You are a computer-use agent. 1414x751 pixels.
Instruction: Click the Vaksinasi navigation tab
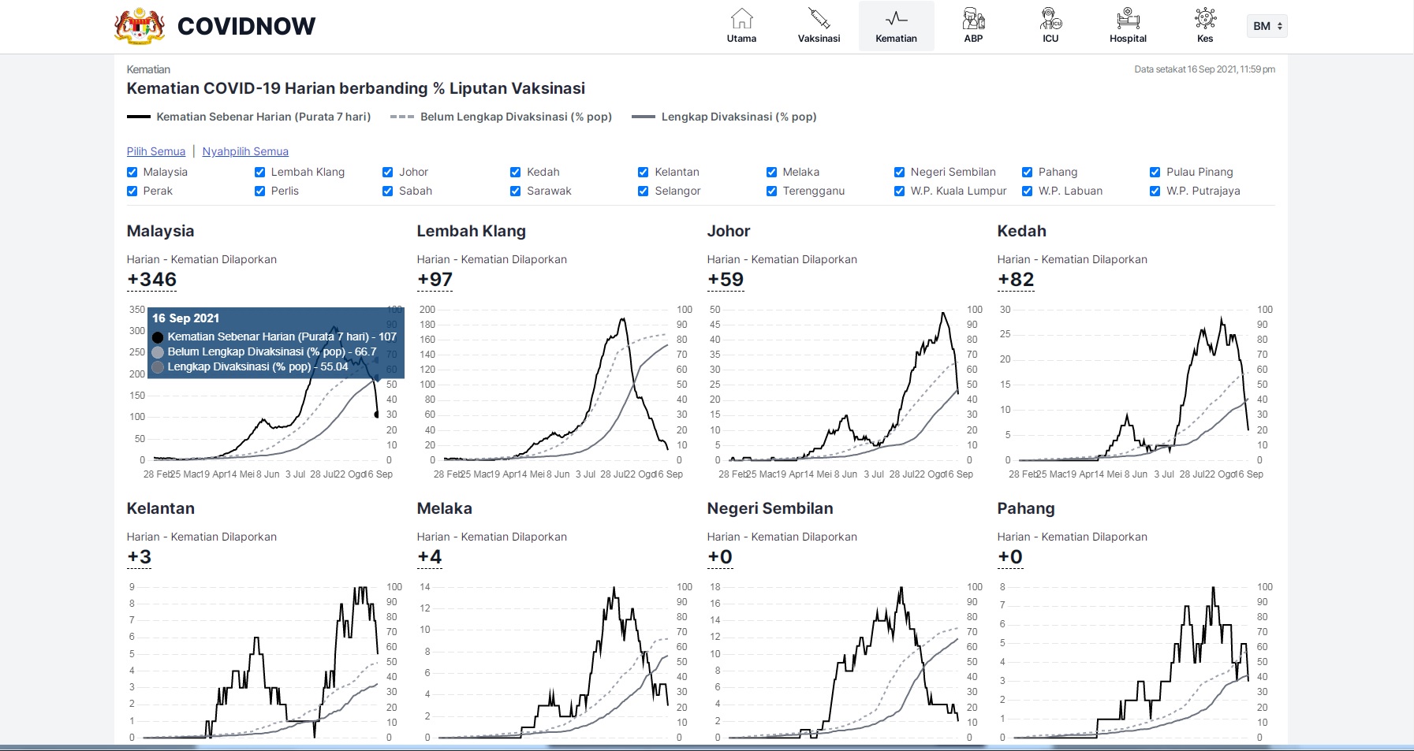(819, 26)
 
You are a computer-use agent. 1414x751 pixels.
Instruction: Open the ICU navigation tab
(1050, 26)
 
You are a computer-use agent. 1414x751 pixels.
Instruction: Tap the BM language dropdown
(1267, 26)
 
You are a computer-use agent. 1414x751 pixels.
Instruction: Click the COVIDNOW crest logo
(140, 26)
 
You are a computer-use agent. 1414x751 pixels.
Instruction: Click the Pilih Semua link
(156, 151)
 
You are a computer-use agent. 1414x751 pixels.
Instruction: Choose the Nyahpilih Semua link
(245, 151)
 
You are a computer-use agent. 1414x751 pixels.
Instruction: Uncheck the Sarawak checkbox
(516, 191)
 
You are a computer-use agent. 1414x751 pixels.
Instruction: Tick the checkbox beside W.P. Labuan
(1027, 191)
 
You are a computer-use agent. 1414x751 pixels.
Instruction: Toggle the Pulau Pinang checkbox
(1155, 172)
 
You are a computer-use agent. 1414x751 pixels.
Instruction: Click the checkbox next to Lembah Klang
(259, 172)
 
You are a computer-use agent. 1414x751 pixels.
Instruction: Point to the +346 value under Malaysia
(152, 280)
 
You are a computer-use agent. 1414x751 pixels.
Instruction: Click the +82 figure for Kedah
(1016, 280)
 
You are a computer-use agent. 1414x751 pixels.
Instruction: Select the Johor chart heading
(728, 231)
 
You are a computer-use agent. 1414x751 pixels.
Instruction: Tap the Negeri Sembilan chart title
(770, 508)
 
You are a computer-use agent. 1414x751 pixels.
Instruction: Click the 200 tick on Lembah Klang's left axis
(427, 310)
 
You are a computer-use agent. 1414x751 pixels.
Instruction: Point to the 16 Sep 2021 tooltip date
(185, 318)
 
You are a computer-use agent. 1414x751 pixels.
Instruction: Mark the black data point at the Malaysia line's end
(376, 415)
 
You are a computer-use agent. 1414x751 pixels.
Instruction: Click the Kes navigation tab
(1205, 26)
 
